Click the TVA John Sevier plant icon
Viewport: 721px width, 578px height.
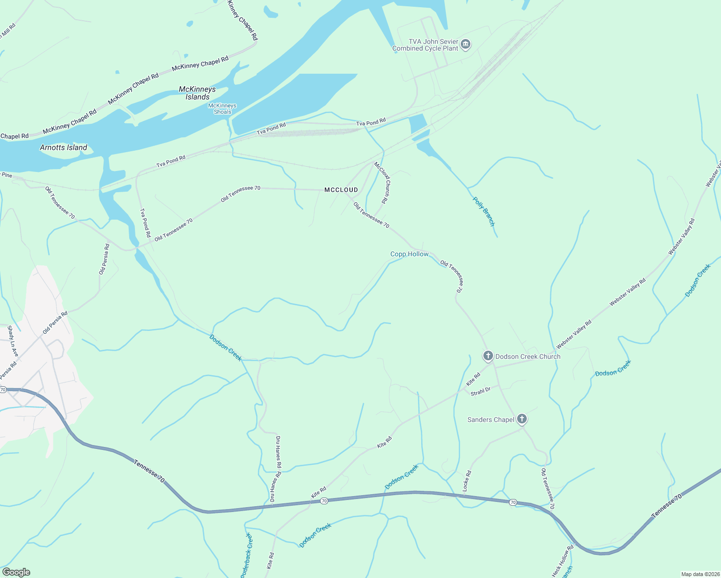pos(466,45)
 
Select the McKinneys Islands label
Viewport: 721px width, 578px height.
pos(197,93)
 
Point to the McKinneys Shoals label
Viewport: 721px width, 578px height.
pos(223,109)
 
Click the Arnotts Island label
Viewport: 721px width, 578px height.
pos(64,148)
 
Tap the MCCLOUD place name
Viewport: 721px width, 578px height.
pos(341,190)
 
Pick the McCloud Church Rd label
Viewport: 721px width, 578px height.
pos(381,182)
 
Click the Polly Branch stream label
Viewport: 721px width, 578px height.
pos(483,211)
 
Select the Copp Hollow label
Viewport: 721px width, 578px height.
pos(409,254)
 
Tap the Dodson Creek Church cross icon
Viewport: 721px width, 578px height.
pos(488,356)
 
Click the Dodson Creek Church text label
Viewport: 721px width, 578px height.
pos(528,357)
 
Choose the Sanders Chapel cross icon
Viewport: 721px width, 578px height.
pos(521,419)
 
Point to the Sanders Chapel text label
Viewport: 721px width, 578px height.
pos(491,420)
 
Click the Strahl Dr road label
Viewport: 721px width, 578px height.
pos(481,392)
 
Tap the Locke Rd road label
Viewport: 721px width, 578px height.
pos(467,481)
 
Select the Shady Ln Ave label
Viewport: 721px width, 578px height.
pos(13,342)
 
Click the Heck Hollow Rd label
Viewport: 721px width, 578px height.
pos(563,561)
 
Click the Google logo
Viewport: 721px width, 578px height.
pos(16,572)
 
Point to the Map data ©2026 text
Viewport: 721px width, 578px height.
pos(700,574)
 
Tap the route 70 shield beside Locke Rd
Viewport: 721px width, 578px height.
pos(513,502)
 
